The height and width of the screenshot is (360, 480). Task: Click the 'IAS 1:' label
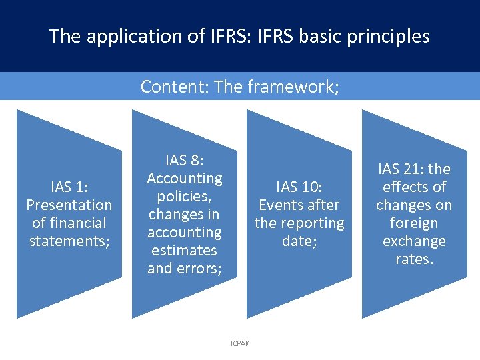(69, 187)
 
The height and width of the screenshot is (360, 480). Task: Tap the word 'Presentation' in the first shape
(69, 205)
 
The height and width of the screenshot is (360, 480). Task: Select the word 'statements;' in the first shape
(69, 241)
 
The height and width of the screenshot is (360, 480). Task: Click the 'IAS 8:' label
(184, 160)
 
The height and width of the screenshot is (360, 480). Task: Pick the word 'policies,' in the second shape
(185, 196)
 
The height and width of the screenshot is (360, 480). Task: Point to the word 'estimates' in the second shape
(185, 250)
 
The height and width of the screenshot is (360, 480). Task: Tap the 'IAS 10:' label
(299, 187)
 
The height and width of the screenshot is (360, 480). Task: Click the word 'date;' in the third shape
(299, 241)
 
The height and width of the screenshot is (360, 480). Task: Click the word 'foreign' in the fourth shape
(414, 223)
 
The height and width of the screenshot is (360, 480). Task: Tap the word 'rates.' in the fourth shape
(414, 259)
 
